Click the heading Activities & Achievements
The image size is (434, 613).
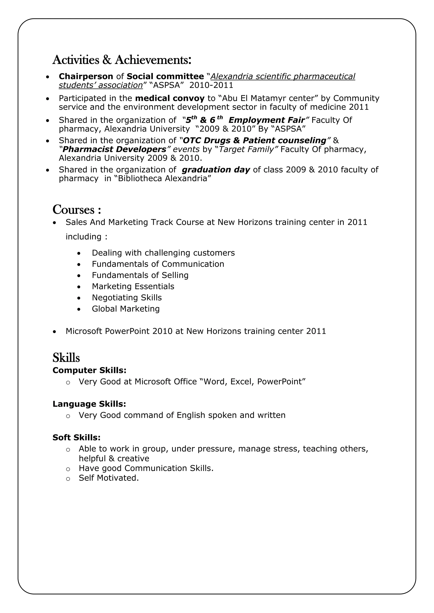coord(122,60)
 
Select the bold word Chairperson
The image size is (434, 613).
coord(86,76)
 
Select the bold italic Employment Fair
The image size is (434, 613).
coord(266,120)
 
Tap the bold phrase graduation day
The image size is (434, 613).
coord(216,170)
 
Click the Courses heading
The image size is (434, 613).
coord(77,210)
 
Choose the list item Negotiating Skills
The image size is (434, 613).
coord(127,297)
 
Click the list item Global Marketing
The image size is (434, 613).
coord(126,309)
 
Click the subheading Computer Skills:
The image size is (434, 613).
coord(89,370)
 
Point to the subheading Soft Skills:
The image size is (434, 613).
coord(77,438)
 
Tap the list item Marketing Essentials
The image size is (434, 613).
coord(133,286)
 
